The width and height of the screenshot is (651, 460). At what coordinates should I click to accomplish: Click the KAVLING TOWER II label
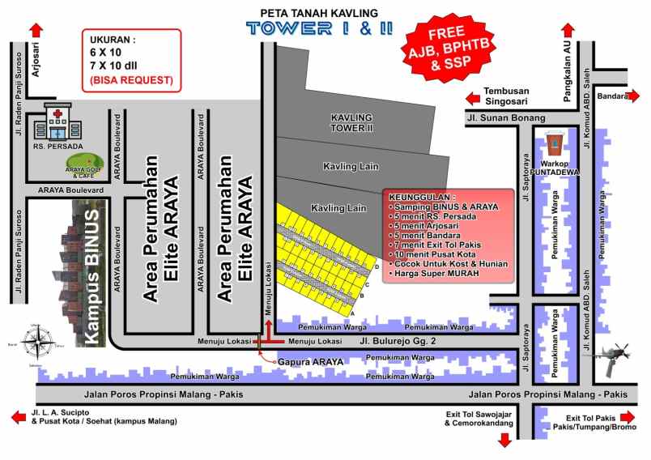(x=351, y=122)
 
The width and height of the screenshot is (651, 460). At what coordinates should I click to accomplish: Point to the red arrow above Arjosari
(x=36, y=30)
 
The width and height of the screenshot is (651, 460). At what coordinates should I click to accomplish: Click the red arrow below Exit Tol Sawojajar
(x=504, y=440)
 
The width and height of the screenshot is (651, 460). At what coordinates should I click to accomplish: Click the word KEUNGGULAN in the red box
(x=423, y=197)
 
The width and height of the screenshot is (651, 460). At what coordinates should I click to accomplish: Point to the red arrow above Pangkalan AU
(x=567, y=27)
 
